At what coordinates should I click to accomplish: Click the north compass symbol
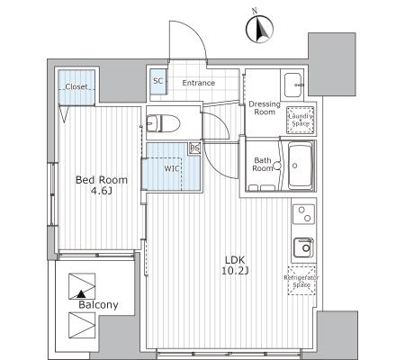260,29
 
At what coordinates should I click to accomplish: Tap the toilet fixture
163,123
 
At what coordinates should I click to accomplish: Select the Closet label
76,86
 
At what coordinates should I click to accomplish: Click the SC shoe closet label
157,81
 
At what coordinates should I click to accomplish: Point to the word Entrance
199,83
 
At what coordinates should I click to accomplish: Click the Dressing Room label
265,108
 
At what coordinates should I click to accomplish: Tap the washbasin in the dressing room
294,85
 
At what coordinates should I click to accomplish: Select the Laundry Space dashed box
301,120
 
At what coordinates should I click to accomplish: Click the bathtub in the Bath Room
300,166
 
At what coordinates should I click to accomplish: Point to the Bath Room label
263,165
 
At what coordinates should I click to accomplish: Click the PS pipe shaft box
195,148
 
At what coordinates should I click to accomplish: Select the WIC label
172,168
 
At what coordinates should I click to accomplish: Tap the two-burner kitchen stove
303,214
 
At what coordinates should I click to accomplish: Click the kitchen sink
303,247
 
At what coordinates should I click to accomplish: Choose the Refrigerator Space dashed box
301,281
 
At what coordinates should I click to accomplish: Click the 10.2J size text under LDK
235,271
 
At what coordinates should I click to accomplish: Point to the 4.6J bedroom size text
102,190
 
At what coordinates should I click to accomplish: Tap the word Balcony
98,305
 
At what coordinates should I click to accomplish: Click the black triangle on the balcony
80,294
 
